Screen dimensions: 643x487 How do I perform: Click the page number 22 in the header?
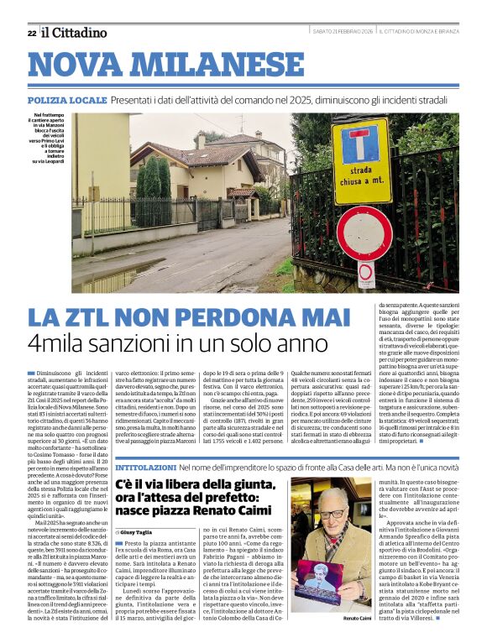31,33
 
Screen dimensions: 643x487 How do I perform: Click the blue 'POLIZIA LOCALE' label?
66,100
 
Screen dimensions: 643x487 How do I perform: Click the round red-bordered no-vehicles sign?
364,231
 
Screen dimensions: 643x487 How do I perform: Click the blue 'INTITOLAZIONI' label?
145,466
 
